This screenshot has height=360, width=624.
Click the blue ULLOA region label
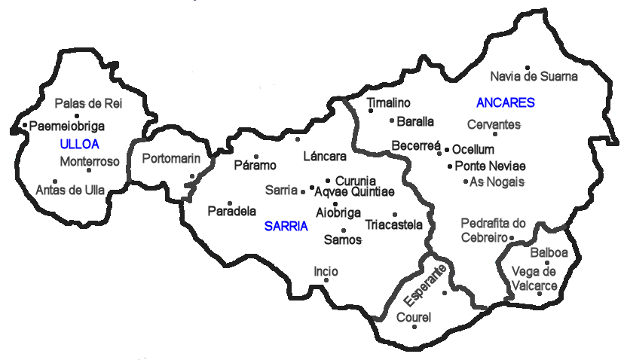pos(78,143)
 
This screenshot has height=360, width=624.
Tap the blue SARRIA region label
pos(286,225)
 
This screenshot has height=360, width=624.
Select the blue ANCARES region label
pos(505,102)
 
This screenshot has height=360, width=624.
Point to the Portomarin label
pos(171,158)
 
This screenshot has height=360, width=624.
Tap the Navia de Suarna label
pos(534,76)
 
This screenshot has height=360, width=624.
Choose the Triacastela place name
pos(394,224)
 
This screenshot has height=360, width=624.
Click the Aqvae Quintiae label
pos(354,193)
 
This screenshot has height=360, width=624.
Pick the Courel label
pos(413,318)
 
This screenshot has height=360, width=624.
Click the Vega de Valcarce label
pos(534,279)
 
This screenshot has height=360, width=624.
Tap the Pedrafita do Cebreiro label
pos(493,230)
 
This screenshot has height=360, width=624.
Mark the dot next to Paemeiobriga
pos(25,126)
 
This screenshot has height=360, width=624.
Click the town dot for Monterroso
pos(89,170)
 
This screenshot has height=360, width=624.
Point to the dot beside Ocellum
pos(447,150)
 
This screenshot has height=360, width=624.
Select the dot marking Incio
pos(326,280)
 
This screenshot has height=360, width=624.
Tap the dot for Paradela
pos(231,203)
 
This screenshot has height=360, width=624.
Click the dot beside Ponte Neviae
pos(450,166)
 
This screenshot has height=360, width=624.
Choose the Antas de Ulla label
pos(70,191)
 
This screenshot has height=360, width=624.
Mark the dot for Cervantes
pos(495,134)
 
